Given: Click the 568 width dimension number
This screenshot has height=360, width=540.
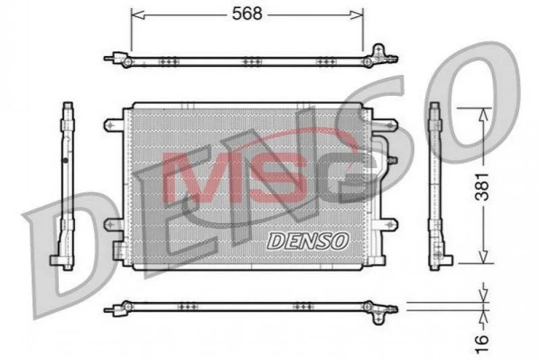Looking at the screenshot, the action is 247,14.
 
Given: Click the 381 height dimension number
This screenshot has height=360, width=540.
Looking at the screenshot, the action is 482,186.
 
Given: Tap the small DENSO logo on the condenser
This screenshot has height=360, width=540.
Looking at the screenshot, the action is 308,240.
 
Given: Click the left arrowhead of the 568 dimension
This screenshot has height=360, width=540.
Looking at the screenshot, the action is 138,15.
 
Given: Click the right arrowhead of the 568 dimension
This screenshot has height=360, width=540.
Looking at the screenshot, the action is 356,15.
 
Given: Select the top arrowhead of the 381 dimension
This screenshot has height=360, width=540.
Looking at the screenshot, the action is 484,115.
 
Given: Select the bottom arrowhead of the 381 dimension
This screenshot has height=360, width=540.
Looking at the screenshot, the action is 484,257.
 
